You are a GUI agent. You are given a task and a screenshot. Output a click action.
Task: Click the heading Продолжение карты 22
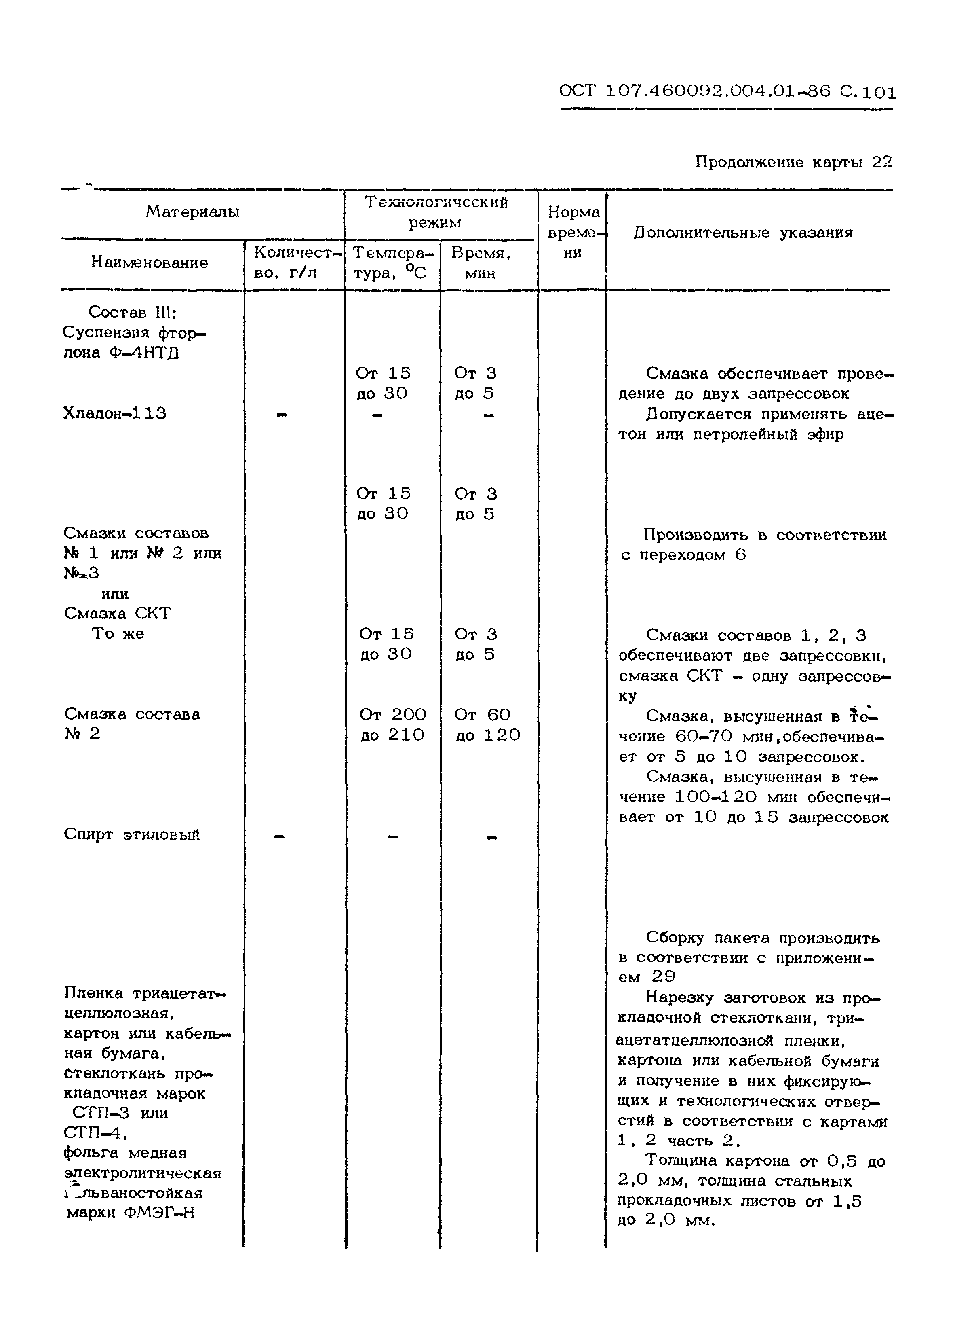click(793, 162)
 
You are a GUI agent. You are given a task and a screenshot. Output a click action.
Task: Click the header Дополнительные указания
click(743, 233)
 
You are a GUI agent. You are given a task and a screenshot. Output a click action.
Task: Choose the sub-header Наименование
click(150, 263)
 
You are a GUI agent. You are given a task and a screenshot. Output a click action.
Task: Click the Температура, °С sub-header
click(390, 263)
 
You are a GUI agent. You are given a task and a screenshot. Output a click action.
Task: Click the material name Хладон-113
click(115, 414)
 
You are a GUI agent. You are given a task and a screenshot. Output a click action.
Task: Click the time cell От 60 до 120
click(487, 725)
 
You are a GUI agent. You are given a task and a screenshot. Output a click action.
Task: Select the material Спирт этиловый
click(132, 835)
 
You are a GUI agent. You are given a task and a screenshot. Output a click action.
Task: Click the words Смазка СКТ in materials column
click(118, 614)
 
